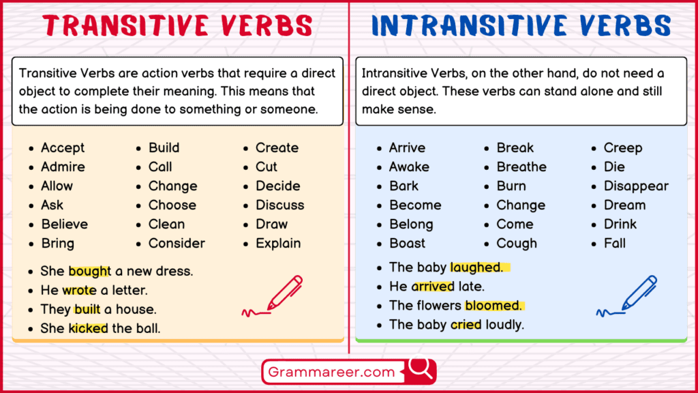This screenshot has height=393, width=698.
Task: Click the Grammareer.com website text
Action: [x=332, y=372]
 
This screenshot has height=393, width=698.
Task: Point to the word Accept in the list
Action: [x=63, y=147]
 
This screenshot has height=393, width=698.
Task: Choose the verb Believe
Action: [x=64, y=224]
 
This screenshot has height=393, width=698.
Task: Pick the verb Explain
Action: [x=278, y=243]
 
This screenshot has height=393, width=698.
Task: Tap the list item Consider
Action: [x=177, y=243]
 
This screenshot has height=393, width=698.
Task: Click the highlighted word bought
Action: [x=89, y=271]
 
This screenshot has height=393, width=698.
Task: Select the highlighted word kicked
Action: [x=88, y=328]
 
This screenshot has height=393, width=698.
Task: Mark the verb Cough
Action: [x=517, y=243]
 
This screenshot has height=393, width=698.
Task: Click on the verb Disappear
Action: [x=636, y=186]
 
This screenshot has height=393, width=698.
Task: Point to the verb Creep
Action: [x=623, y=147]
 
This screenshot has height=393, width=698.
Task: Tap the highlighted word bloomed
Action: [x=494, y=306]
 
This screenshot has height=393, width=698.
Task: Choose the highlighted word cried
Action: [x=466, y=325]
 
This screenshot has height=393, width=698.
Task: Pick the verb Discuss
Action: [x=280, y=205]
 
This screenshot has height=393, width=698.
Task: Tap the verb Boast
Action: [x=407, y=243]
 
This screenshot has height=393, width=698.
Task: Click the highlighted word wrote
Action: [x=80, y=290]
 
